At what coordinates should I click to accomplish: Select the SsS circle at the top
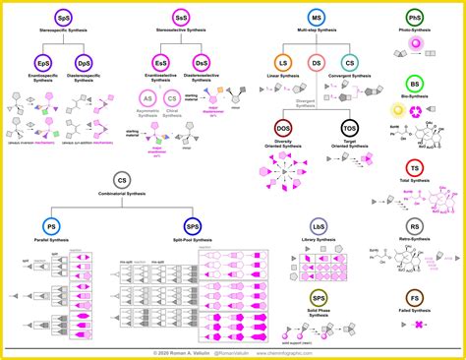[x=181, y=18]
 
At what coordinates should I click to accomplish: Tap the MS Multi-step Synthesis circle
[x=317, y=18]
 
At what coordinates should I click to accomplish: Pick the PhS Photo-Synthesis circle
[x=416, y=18]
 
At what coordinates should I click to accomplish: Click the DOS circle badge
[x=283, y=129]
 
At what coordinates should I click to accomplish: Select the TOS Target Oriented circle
[x=349, y=129]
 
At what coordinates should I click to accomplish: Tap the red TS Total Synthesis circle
[x=416, y=169]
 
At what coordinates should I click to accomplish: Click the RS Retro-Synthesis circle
[x=416, y=226]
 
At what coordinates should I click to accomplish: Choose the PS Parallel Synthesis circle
[x=50, y=226]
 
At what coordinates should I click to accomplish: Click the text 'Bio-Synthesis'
[x=416, y=105]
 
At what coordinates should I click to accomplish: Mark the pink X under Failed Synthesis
[x=417, y=324]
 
